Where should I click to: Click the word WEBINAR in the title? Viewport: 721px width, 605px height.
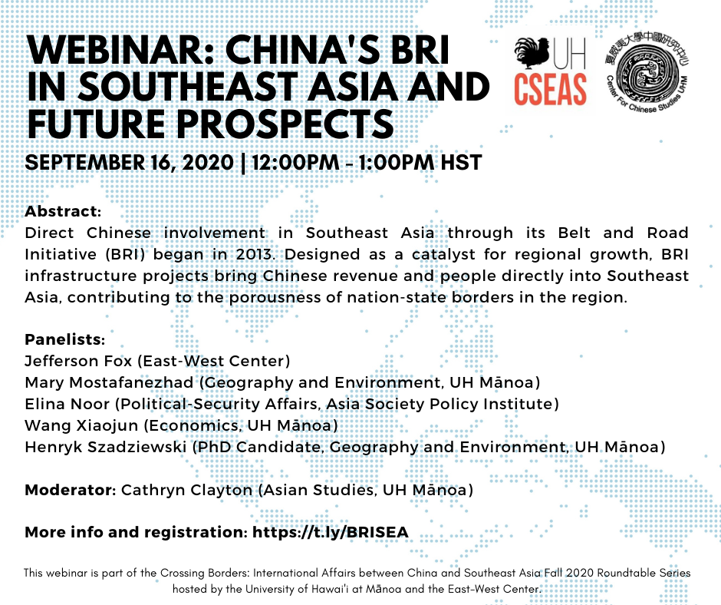pyautogui.click(x=120, y=50)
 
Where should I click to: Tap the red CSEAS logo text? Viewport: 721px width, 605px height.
pyautogui.click(x=551, y=89)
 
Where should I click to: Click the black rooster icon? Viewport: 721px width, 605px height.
pyautogui.click(x=532, y=54)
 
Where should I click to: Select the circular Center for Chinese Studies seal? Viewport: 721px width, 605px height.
pyautogui.click(x=647, y=74)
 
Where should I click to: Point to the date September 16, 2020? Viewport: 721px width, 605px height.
pyautogui.click(x=129, y=163)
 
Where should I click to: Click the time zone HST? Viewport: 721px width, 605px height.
pyautogui.click(x=461, y=163)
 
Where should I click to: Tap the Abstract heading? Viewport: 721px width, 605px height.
pyautogui.click(x=63, y=211)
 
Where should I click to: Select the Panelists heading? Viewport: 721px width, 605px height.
pyautogui.click(x=65, y=339)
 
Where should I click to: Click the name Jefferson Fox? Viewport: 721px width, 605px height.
pyautogui.click(x=79, y=361)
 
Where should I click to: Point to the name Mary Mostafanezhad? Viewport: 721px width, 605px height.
pyautogui.click(x=109, y=382)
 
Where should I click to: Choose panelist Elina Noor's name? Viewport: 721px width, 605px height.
pyautogui.click(x=67, y=404)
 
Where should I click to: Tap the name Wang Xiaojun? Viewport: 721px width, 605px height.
pyautogui.click(x=81, y=425)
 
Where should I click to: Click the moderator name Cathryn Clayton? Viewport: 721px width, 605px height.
pyautogui.click(x=186, y=490)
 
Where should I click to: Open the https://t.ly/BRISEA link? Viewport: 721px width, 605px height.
pyautogui.click(x=330, y=532)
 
